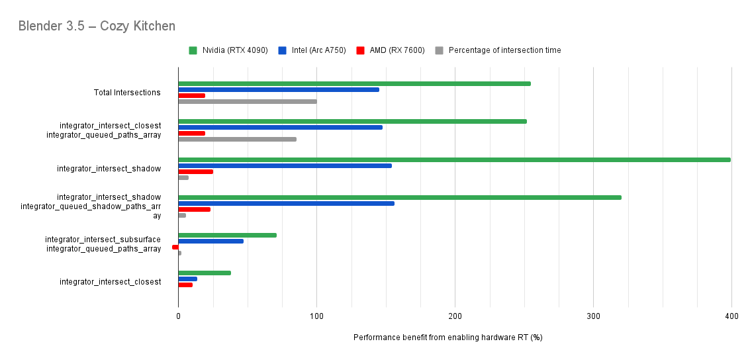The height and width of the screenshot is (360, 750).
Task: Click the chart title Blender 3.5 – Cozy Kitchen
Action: point(97,26)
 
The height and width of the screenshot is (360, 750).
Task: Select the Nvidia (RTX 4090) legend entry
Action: point(228,50)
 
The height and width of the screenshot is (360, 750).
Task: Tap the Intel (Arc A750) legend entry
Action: point(312,50)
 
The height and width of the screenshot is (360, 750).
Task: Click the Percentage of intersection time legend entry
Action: point(498,50)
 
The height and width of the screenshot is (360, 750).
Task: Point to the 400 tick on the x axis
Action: point(731,317)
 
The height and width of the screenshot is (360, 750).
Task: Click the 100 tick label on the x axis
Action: point(316,317)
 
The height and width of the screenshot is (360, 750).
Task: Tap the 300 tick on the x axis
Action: point(593,317)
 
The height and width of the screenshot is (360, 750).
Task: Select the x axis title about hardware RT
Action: point(447,337)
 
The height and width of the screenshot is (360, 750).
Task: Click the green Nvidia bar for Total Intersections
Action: point(354,83)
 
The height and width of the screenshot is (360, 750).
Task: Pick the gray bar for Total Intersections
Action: point(247,101)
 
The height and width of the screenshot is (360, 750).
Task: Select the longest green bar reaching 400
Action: point(454,159)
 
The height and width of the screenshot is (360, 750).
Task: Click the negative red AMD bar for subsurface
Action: point(175,247)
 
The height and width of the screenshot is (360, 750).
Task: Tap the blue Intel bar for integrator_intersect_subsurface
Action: point(211,241)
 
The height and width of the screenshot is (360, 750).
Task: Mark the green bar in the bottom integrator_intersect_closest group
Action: point(205,273)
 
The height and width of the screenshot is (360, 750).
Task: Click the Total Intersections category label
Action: point(127,93)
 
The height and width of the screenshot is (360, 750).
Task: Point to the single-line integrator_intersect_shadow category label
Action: point(109,169)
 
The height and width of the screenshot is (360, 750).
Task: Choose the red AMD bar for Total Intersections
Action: point(191,95)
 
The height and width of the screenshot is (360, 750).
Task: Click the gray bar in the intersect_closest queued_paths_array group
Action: point(237,139)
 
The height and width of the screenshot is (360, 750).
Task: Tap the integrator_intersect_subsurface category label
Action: point(103,240)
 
